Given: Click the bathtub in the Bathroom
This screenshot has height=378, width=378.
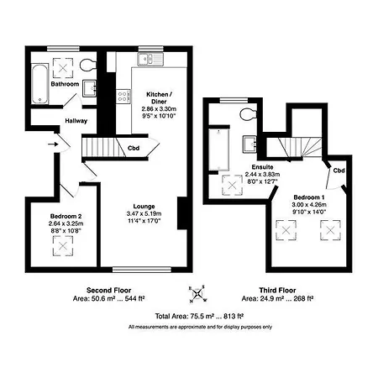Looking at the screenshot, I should [x=38, y=85].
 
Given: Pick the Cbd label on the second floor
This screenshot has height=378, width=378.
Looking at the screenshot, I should [x=133, y=149].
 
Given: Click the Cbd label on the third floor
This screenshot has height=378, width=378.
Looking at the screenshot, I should [x=338, y=171].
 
